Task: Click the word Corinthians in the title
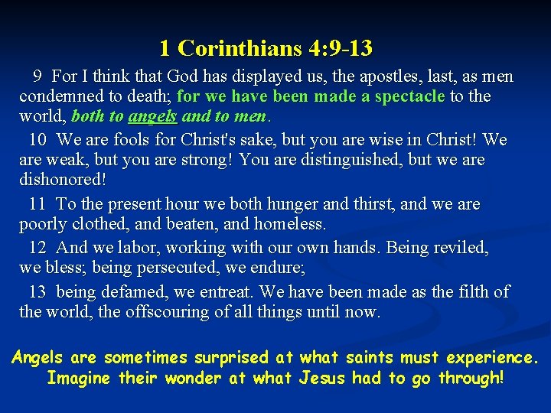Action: pyautogui.click(x=240, y=49)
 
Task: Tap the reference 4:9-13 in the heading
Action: pyautogui.click(x=341, y=49)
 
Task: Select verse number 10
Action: pyautogui.click(x=38, y=140)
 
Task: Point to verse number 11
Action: pyautogui.click(x=38, y=204)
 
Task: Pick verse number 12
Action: pyautogui.click(x=38, y=248)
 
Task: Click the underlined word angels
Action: pyautogui.click(x=153, y=118)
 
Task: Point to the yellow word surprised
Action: pyautogui.click(x=232, y=357)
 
